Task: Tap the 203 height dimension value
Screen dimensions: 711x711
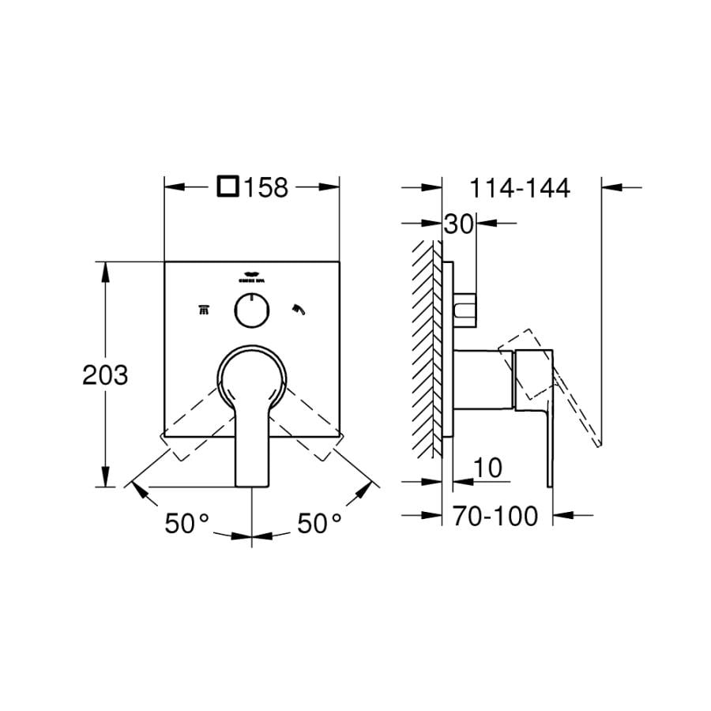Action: [x=105, y=374]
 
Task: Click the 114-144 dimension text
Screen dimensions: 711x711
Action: [x=519, y=188]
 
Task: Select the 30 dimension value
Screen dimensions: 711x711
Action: [x=457, y=224]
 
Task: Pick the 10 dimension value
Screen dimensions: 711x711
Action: [x=488, y=468]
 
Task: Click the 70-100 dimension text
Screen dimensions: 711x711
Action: [x=495, y=517]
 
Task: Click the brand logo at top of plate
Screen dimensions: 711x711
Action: [x=251, y=277]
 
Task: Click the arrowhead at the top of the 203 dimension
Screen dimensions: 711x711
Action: [x=105, y=268]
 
